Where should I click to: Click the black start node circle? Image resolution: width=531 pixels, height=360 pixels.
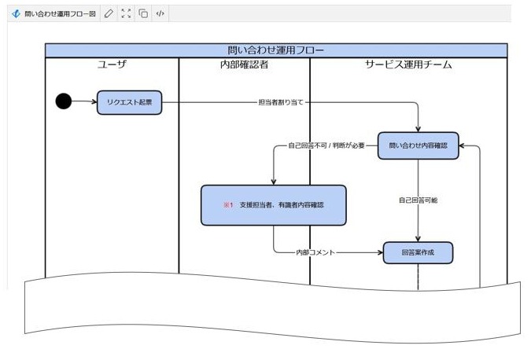(x=64, y=101)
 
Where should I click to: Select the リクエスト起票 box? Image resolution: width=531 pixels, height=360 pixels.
(x=129, y=102)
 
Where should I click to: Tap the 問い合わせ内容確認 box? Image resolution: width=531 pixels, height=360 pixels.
(x=418, y=145)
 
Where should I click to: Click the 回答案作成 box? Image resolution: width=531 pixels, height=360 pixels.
(x=418, y=252)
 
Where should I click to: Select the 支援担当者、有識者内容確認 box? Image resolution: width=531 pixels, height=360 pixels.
(x=273, y=204)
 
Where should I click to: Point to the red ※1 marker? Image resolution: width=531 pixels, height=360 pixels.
(x=228, y=204)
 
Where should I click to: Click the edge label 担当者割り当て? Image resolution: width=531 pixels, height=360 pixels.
(x=281, y=102)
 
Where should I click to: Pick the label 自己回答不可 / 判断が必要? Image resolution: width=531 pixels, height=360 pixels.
(x=326, y=145)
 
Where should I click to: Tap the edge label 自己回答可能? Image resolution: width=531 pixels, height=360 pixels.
(x=418, y=200)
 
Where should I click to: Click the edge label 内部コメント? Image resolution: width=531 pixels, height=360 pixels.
(x=315, y=252)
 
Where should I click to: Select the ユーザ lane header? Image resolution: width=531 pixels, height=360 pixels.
(x=112, y=64)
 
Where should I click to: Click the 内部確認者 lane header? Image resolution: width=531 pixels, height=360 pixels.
(x=244, y=64)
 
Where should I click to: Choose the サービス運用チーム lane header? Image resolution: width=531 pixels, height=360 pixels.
(x=408, y=64)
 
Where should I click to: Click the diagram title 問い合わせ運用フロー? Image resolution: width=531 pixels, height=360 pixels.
(x=275, y=50)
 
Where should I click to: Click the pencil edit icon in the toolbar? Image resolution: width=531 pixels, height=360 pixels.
(x=109, y=13)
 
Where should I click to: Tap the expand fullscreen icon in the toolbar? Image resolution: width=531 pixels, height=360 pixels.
(x=126, y=13)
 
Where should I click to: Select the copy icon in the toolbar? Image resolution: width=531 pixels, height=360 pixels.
(x=143, y=13)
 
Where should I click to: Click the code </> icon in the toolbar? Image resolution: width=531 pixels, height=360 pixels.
(x=160, y=13)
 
